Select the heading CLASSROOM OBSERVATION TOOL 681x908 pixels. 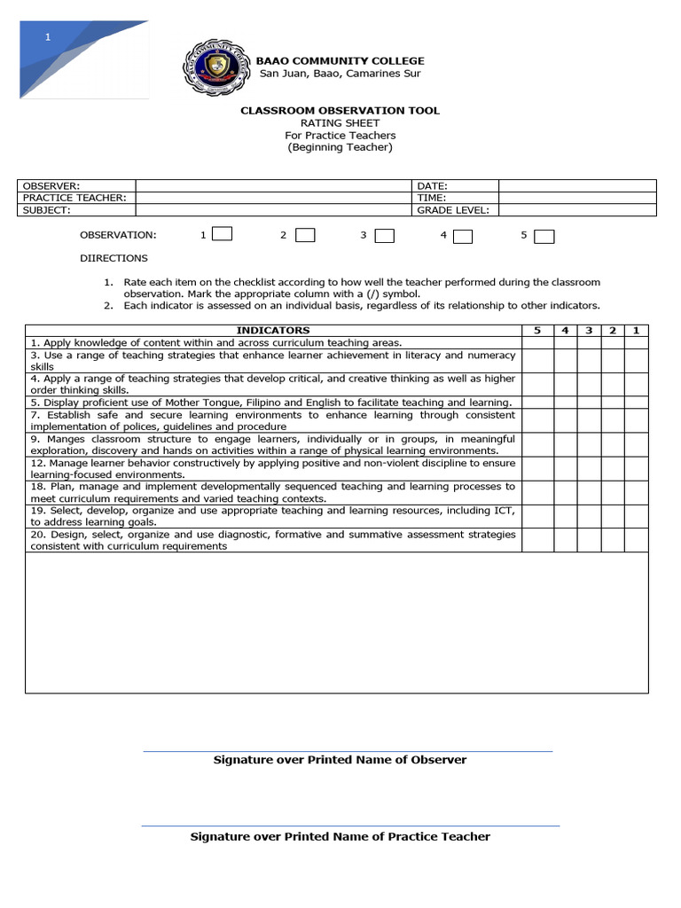click(x=340, y=111)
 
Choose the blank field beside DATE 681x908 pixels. click(x=576, y=186)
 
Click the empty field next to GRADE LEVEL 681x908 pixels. click(x=576, y=210)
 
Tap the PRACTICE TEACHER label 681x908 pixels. click(x=74, y=198)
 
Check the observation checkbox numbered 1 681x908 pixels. click(x=223, y=235)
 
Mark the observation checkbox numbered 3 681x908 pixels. click(x=384, y=236)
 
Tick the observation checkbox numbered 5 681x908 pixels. click(x=544, y=236)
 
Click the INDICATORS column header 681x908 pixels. click(x=273, y=331)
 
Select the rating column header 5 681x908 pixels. click(x=536, y=331)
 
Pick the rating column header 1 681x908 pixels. click(x=636, y=331)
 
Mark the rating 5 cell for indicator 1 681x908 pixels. click(x=536, y=342)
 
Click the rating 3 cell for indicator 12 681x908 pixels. click(x=588, y=468)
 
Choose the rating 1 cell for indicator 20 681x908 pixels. click(x=636, y=540)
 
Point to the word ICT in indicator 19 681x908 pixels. click(x=503, y=511)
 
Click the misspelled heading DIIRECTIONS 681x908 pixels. click(x=113, y=258)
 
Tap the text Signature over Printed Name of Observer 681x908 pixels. click(x=340, y=760)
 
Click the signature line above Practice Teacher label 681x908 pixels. click(x=350, y=826)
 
